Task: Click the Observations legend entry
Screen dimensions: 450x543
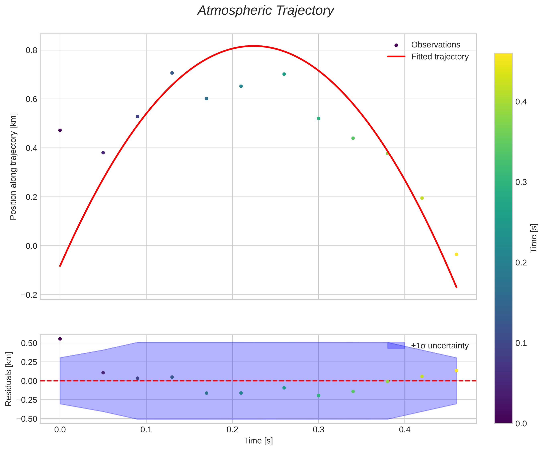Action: pos(436,45)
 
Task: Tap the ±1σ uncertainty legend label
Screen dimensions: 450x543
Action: pos(440,346)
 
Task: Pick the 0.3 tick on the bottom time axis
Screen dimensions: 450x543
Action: pos(318,429)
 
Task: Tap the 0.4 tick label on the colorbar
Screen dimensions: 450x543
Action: pos(521,102)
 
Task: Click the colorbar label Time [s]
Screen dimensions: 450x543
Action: pos(534,238)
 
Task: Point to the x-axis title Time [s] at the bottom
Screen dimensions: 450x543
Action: pos(258,441)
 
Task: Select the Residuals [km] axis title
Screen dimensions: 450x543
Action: pos(9,379)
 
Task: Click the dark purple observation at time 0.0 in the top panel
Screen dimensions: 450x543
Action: pos(60,130)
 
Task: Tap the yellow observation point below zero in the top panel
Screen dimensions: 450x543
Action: pos(456,254)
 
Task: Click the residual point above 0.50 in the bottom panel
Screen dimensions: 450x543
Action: pos(60,339)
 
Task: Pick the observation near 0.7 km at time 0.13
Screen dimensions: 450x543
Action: pos(172,73)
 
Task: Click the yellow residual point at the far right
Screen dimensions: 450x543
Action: pos(456,370)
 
